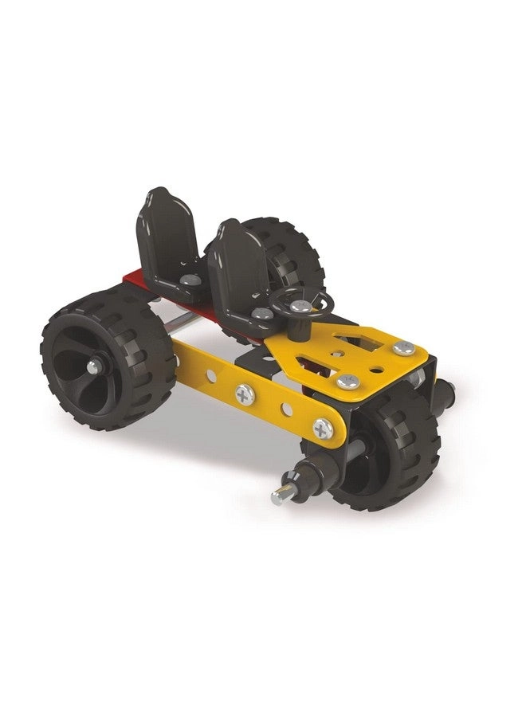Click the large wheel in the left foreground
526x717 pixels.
pyautogui.click(x=108, y=358)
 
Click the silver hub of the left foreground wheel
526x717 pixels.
pyautogui.click(x=95, y=366)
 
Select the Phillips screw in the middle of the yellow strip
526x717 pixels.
pyautogui.click(x=244, y=393)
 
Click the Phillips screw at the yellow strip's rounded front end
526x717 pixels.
pyautogui.click(x=323, y=429)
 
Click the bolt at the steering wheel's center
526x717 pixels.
pyautogui.click(x=300, y=305)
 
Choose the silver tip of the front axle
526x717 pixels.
pyautogui.click(x=278, y=497)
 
